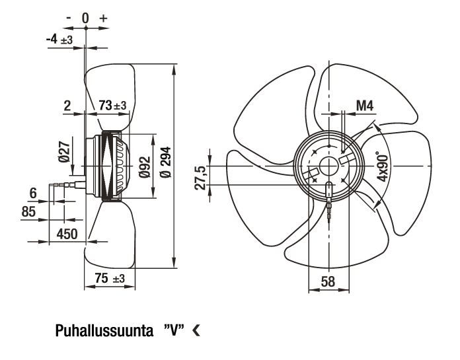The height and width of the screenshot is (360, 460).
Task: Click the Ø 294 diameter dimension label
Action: tap(166, 162)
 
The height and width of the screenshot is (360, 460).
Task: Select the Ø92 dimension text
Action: tap(144, 167)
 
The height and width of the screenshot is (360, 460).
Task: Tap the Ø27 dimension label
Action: tap(65, 151)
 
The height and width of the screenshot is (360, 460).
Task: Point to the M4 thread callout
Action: tap(365, 105)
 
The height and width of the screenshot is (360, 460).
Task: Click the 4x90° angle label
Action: tap(383, 166)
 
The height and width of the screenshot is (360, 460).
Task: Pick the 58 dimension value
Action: tap(328, 281)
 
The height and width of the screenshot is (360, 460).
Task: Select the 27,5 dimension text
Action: tap(201, 178)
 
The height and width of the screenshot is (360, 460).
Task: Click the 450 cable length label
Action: tap(67, 234)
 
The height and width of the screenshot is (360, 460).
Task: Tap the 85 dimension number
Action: tap(28, 211)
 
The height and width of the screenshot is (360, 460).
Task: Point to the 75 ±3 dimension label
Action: tap(110, 278)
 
